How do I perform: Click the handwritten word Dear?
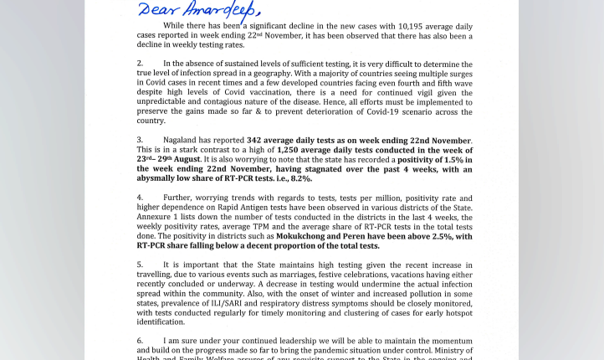[156, 9]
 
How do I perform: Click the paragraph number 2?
[140, 64]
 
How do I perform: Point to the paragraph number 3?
[140, 140]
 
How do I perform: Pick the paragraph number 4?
[140, 198]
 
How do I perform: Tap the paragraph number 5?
[140, 265]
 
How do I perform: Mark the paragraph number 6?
[140, 341]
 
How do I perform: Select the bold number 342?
[254, 140]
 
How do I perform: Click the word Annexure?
[156, 217]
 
